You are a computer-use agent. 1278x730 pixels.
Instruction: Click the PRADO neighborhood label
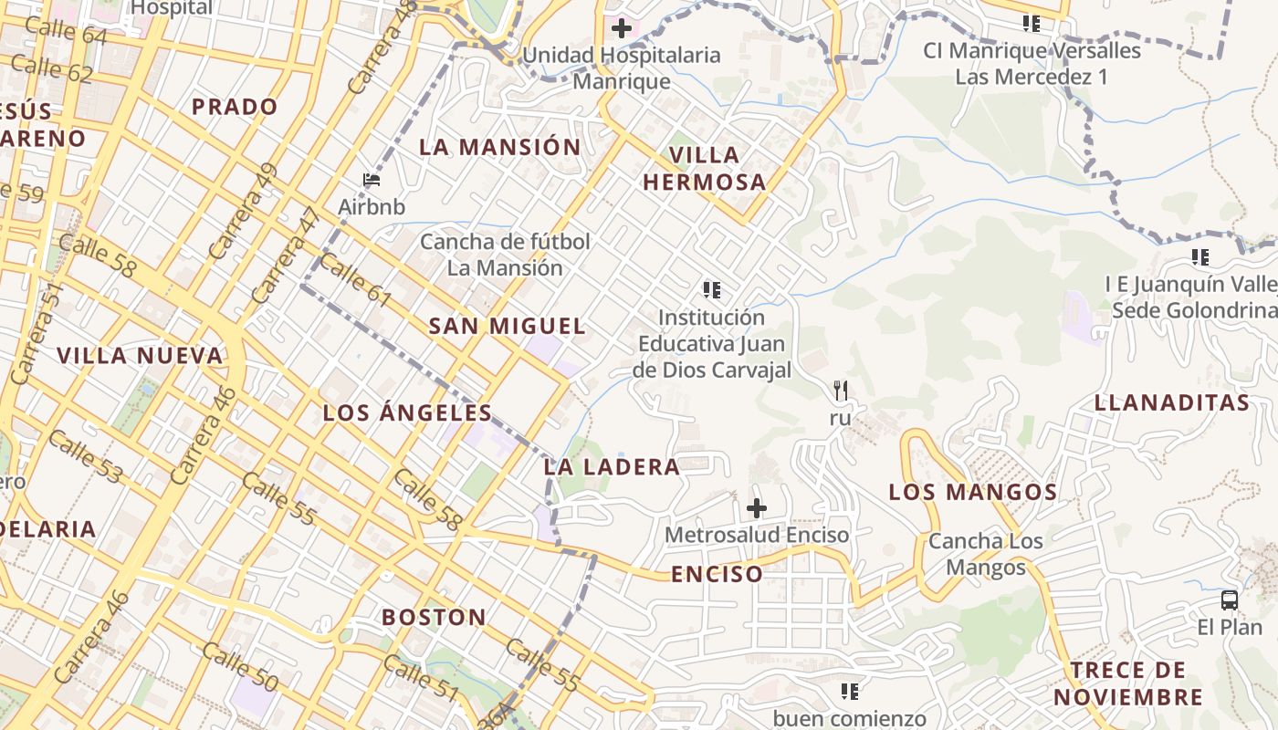(235, 107)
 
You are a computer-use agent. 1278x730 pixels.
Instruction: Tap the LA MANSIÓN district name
(499, 147)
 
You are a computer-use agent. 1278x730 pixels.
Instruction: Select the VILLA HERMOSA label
(704, 168)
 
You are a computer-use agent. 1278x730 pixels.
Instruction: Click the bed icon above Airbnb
(372, 180)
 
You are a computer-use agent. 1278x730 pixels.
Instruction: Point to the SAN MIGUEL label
(507, 326)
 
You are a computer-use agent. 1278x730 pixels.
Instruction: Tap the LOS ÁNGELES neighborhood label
(407, 412)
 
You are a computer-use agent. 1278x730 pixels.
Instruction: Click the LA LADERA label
(612, 467)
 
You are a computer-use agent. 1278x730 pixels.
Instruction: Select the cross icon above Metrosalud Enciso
(757, 508)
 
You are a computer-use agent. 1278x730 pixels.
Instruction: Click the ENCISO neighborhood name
(717, 574)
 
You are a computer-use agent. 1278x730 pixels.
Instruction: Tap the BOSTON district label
(434, 617)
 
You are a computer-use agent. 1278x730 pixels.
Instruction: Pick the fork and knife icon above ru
(841, 391)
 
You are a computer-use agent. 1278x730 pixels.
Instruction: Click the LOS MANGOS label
(972, 493)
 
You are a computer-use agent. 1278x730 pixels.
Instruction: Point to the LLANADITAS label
(1171, 402)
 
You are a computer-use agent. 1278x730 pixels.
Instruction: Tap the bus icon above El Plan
(1230, 600)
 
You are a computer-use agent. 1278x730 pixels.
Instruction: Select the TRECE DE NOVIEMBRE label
(1128, 683)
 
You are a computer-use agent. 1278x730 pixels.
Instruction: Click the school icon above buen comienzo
(850, 692)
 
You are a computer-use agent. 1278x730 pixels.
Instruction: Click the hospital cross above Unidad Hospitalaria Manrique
(622, 28)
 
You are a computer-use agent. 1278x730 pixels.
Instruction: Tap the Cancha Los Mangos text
(985, 554)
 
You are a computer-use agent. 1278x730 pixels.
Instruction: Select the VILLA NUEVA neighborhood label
(140, 356)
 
